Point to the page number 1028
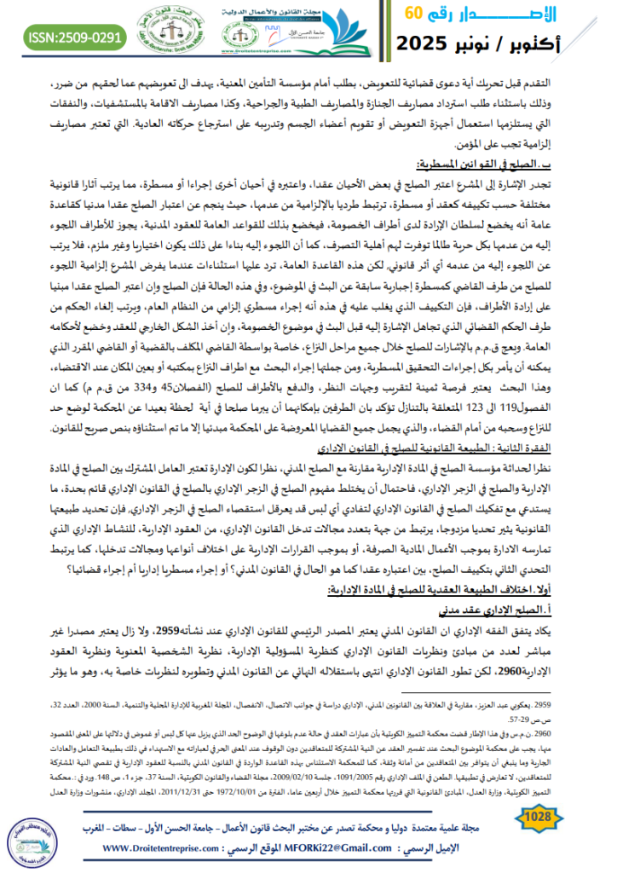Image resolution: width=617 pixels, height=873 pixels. [537, 819]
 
